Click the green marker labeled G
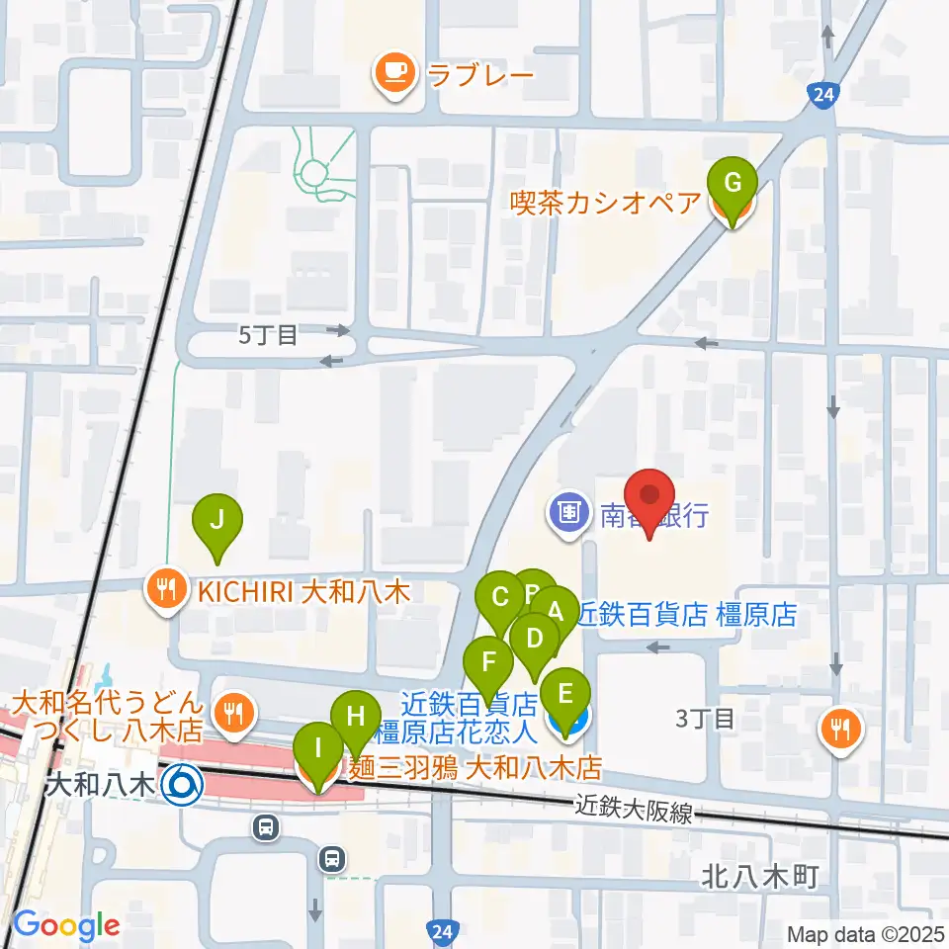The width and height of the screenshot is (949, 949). [732, 184]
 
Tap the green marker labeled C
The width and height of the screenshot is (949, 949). [500, 598]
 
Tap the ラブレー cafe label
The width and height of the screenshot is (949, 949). [479, 73]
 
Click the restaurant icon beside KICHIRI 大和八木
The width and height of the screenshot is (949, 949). [164, 591]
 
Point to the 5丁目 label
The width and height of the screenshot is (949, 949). [268, 335]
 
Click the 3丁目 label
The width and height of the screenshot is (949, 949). [705, 719]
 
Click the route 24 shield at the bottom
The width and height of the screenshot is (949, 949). [444, 930]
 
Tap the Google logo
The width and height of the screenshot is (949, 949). [65, 925]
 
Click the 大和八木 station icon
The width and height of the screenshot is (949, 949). [183, 786]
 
